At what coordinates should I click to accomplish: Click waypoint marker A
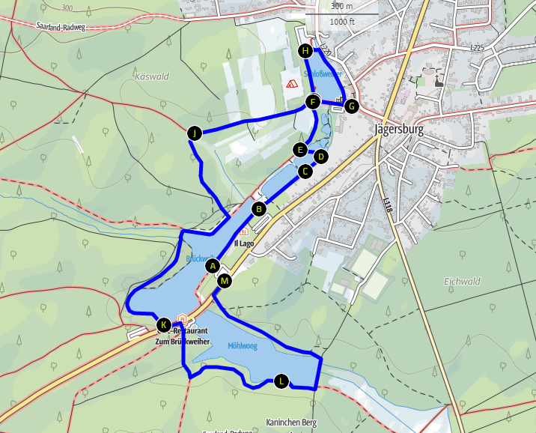click(x=213, y=266)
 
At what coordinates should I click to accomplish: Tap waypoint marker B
click(x=259, y=208)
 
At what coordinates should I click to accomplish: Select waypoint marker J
click(x=195, y=133)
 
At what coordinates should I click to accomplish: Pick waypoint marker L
click(x=281, y=381)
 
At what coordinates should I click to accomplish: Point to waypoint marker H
click(x=305, y=51)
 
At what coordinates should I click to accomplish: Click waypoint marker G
click(x=351, y=106)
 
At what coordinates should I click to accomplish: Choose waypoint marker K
click(x=164, y=325)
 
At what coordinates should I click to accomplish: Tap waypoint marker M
click(x=225, y=281)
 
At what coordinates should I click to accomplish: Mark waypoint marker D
click(x=320, y=157)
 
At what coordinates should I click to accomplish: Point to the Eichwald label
click(x=462, y=281)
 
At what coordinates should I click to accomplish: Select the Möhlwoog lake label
click(x=243, y=345)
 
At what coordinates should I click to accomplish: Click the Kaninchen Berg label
click(x=291, y=423)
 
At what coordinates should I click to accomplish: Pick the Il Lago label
click(x=244, y=243)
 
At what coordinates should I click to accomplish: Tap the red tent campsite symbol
click(x=290, y=82)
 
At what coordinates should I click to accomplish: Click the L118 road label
click(x=387, y=203)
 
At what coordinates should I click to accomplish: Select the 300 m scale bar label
click(x=341, y=6)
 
